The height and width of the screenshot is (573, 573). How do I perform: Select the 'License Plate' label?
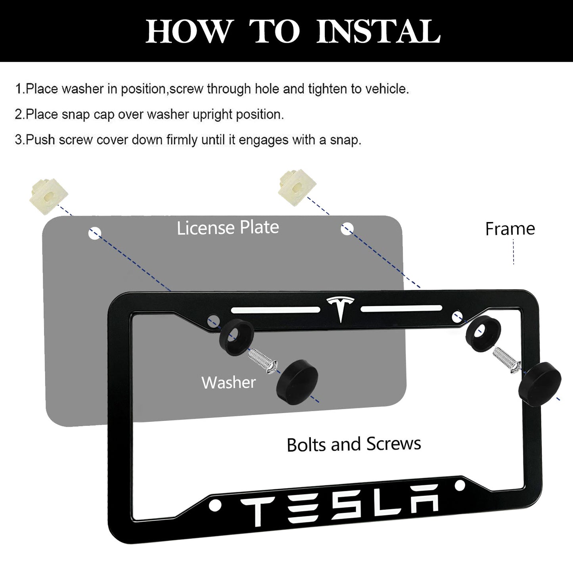[x=228, y=228]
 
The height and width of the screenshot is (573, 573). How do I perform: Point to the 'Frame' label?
[x=510, y=229]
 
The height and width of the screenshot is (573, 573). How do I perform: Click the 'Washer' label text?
[x=228, y=383]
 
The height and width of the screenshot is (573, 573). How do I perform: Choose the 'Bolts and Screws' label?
[x=354, y=444]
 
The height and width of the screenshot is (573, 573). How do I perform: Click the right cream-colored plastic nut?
[x=298, y=186]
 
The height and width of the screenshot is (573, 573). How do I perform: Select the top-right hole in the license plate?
[x=347, y=228]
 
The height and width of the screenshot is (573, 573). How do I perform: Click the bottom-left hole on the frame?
[x=216, y=504]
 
